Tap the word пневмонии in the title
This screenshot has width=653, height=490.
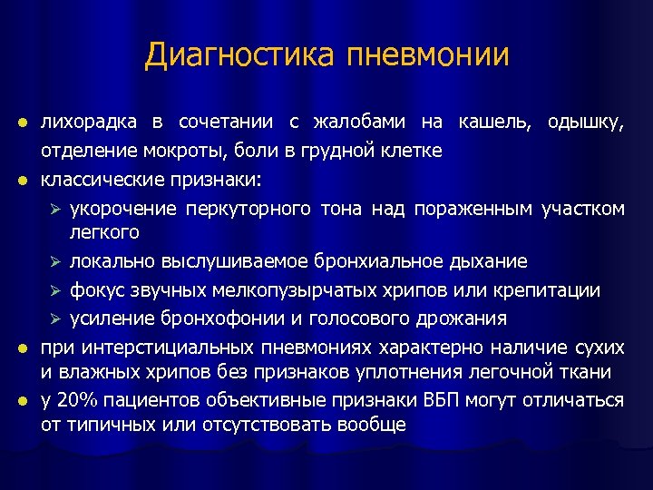[x=428, y=55]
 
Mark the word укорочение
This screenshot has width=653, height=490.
[x=122, y=209]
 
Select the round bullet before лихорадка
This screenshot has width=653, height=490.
[x=24, y=123]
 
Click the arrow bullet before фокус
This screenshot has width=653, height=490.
[x=54, y=290]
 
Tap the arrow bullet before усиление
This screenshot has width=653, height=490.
[x=54, y=318]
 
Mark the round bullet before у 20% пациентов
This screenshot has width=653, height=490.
[x=24, y=401]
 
